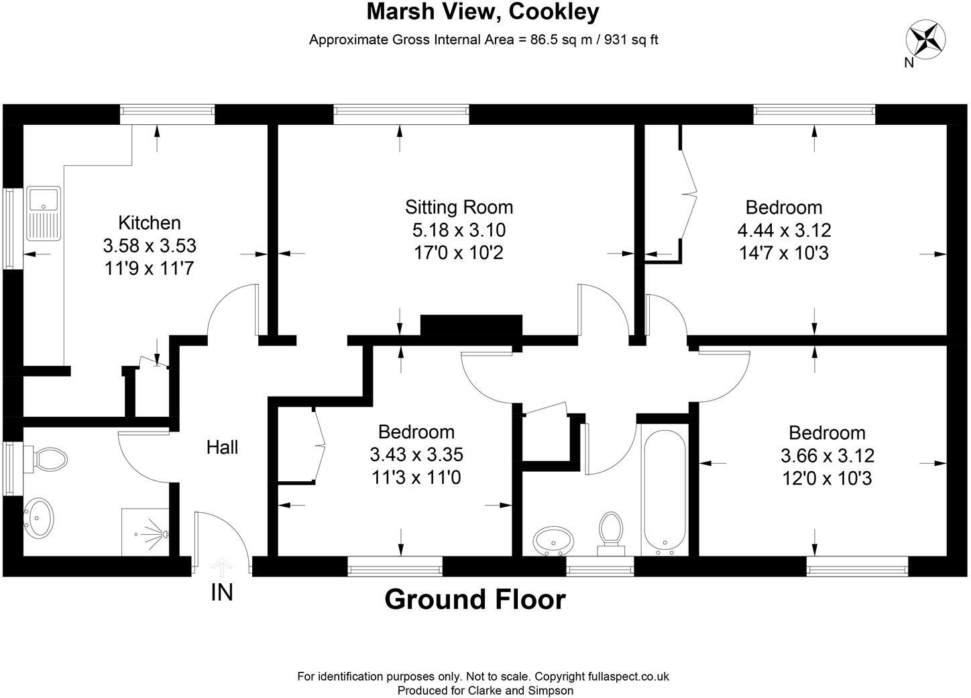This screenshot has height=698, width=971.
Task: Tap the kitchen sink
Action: point(43,213)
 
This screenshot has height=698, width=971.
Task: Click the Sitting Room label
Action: point(459,207)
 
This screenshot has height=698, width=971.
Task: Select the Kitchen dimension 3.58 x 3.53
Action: point(150,246)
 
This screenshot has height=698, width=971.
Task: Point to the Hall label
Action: point(222,447)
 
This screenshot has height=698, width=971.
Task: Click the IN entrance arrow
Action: point(222,567)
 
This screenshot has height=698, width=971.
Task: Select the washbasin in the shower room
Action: point(40,517)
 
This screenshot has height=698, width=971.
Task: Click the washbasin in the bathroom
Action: point(554,538)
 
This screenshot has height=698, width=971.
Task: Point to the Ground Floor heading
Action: point(475,599)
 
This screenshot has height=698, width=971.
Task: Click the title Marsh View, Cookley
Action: point(483,11)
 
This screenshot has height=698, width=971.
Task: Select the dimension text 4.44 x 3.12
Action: point(784,230)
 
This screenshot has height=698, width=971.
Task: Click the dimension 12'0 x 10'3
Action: point(827,479)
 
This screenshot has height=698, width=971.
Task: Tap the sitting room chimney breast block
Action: point(471,326)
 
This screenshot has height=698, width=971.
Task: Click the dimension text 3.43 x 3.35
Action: point(416,454)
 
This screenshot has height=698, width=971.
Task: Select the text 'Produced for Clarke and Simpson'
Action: point(485,690)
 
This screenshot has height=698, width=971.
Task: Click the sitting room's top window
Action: point(401,115)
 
